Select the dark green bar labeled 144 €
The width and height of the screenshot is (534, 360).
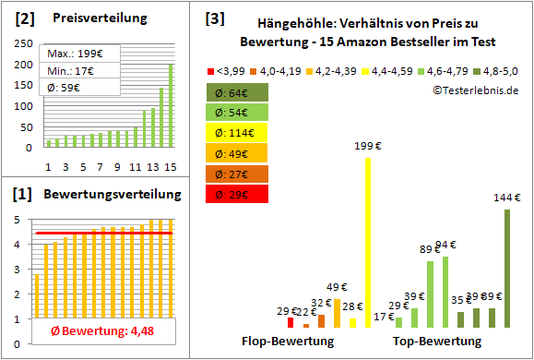[x=507, y=268]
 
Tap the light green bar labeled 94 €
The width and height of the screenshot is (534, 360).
[x=445, y=292]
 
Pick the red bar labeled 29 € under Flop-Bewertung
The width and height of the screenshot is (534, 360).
[x=291, y=322]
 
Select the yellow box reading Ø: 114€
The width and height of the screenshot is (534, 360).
[x=238, y=132]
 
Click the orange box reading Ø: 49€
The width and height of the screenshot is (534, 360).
[x=238, y=152]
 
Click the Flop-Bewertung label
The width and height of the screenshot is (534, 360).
[x=288, y=341]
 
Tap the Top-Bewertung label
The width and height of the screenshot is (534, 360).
[x=437, y=341]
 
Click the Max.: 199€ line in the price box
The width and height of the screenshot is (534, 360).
[x=80, y=55]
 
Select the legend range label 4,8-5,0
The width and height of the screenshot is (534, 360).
[x=503, y=69]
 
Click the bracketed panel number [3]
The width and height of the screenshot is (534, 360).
[x=214, y=18]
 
